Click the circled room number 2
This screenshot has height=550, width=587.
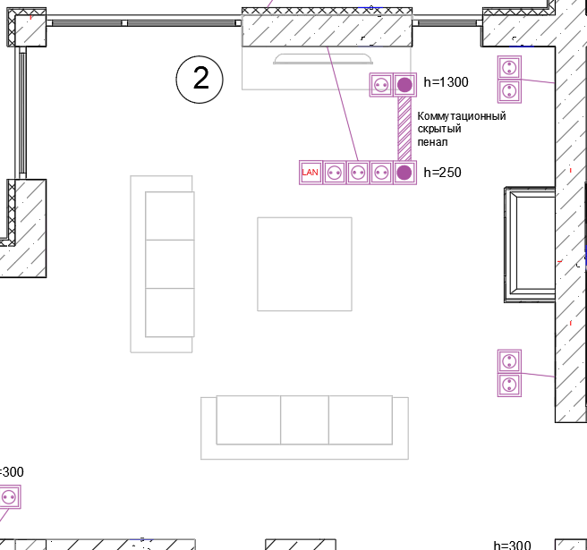200,80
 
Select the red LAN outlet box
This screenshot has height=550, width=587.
311,173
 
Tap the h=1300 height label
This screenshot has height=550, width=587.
446,82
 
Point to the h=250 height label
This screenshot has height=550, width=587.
443,172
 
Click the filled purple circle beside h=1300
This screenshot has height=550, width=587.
404,85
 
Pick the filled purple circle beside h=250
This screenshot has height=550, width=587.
404,173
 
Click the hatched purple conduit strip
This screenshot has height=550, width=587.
404,129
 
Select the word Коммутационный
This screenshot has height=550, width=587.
462,116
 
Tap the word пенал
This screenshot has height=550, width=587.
432,142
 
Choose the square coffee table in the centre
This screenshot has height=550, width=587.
304,264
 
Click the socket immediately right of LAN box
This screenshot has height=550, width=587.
335,173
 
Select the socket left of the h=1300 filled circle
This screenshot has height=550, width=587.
381,85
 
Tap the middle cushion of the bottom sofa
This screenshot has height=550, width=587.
304,419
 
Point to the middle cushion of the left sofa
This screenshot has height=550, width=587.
170,264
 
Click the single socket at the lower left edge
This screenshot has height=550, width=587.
9,497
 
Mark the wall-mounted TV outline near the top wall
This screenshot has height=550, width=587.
323,59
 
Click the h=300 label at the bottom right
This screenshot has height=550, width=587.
512,545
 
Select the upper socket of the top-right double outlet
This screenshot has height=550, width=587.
509,68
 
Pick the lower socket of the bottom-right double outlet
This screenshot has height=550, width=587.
509,385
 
